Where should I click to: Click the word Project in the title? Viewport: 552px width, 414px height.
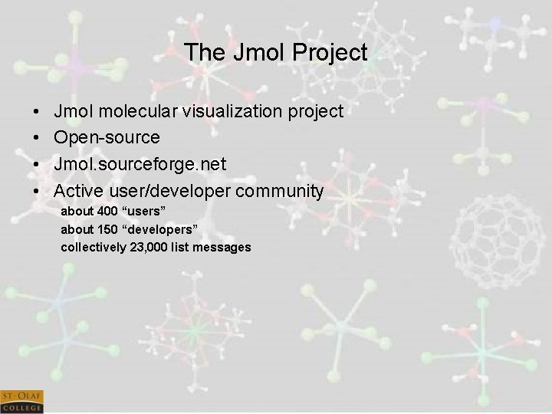[x=330, y=53]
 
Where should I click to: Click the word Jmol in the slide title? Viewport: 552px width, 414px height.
[x=258, y=53]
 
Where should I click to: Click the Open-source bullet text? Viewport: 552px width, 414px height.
[x=107, y=138]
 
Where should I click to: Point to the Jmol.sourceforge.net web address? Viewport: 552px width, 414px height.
[x=140, y=164]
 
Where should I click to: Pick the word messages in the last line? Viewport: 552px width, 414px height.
[x=223, y=247]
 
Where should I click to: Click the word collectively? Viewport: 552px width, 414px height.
[x=92, y=247]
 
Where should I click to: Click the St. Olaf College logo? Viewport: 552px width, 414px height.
[x=21, y=401]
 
